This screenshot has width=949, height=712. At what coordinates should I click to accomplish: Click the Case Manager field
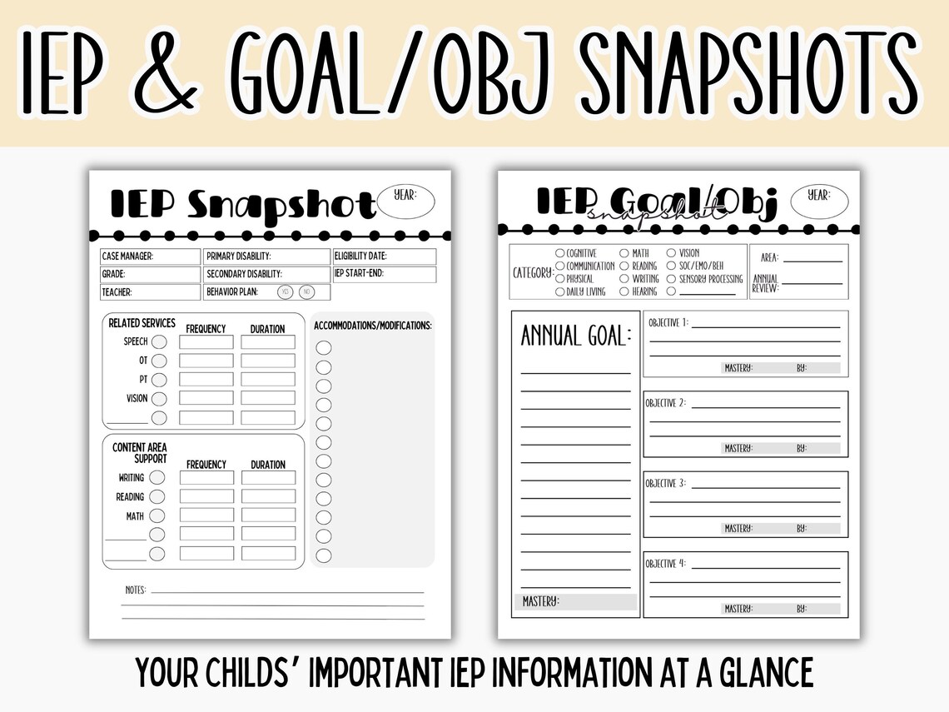pyautogui.click(x=150, y=256)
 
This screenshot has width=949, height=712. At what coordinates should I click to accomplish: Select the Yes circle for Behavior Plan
pyautogui.click(x=286, y=292)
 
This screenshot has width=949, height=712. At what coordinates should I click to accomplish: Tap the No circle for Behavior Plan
pyautogui.click(x=307, y=292)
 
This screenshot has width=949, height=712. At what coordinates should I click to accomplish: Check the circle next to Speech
pyautogui.click(x=159, y=341)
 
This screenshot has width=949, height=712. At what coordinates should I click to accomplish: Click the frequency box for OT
pyautogui.click(x=206, y=361)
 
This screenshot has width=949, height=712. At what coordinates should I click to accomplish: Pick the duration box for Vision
pyautogui.click(x=268, y=399)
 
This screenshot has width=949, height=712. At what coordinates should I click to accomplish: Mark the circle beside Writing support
pyautogui.click(x=157, y=478)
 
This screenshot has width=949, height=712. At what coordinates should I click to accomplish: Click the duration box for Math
pyautogui.click(x=268, y=516)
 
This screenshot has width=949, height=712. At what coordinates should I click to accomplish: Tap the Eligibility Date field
pyautogui.click(x=384, y=256)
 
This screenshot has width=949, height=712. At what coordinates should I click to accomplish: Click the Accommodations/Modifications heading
pyautogui.click(x=373, y=326)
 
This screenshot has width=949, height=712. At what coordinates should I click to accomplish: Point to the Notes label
pyautogui.click(x=136, y=590)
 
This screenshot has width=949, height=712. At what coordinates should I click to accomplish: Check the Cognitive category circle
pyautogui.click(x=559, y=253)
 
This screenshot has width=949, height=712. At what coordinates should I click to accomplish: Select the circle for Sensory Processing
pyautogui.click(x=671, y=279)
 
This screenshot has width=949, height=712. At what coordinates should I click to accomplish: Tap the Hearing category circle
pyautogui.click(x=624, y=291)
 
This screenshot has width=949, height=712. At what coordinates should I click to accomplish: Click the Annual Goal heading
pyautogui.click(x=575, y=337)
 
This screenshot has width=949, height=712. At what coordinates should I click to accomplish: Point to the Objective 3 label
pyautogui.click(x=665, y=483)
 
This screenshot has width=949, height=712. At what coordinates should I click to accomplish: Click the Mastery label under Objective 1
pyautogui.click(x=738, y=368)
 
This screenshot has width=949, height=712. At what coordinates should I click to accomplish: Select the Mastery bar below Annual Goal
pyautogui.click(x=575, y=601)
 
